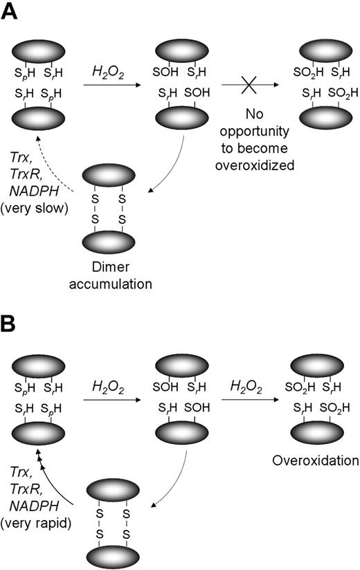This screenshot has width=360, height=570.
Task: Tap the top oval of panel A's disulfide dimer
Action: tap(114, 174)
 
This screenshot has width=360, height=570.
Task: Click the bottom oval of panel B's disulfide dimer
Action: tap(114, 553)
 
